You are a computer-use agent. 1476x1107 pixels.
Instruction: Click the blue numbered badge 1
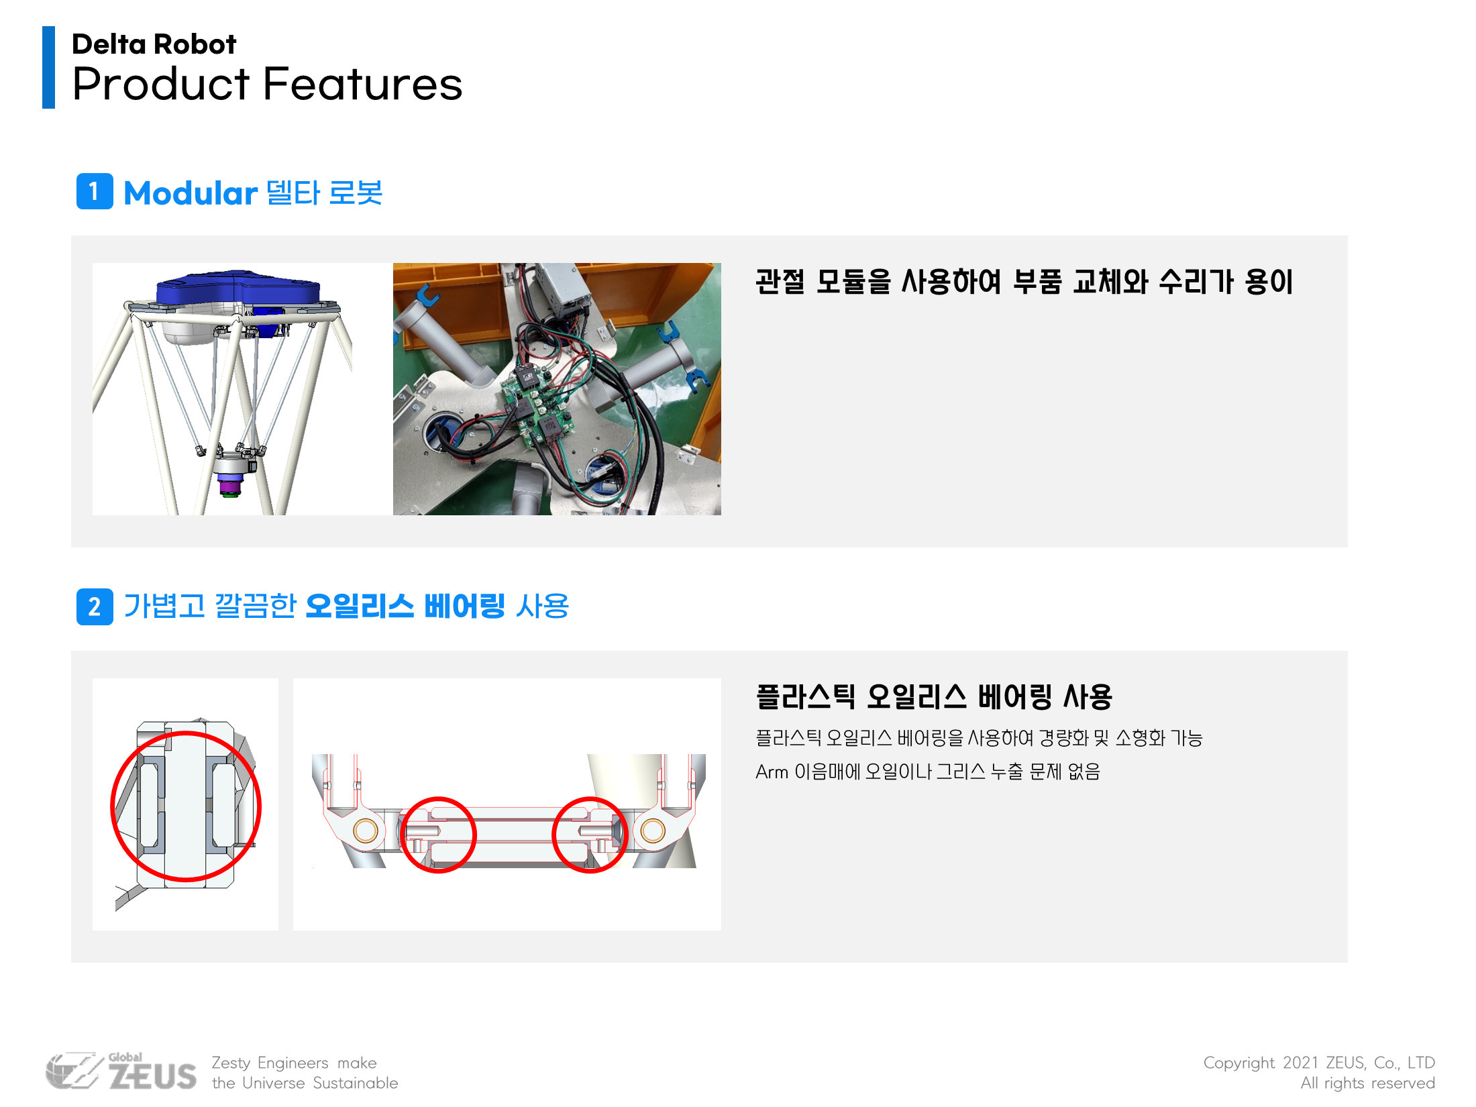pos(95,191)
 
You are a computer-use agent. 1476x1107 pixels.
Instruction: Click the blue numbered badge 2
pos(95,607)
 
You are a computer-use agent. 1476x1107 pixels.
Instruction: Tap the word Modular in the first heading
pos(191,193)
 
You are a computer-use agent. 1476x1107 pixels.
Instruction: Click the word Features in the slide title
pos(362,85)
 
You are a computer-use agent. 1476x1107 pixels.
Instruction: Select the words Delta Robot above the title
pos(154,44)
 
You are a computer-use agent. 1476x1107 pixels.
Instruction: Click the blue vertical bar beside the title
pos(48,67)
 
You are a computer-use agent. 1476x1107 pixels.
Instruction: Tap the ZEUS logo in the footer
pos(121,1071)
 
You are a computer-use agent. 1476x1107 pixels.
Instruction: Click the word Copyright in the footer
pos(1238,1063)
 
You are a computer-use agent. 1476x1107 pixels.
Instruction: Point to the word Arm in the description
pos(772,772)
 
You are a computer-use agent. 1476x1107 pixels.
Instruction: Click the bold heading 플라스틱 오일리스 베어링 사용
pos(934,696)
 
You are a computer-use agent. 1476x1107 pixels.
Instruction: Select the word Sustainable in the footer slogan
pos(355,1083)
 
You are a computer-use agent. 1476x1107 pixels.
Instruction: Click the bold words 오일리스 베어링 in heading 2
pos(405,607)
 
